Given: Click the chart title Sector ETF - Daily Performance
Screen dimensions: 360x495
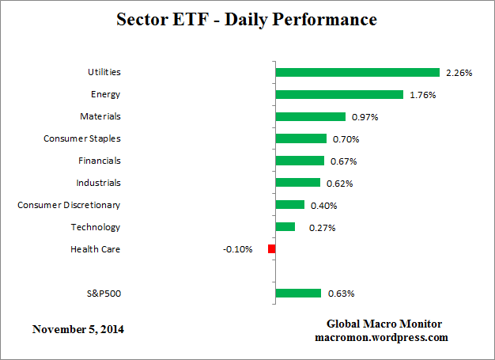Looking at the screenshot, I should (x=247, y=18).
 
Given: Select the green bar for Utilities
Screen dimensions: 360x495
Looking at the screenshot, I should (x=357, y=72).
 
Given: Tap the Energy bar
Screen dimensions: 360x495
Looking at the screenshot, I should (x=339, y=94).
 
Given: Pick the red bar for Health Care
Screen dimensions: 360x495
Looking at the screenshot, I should (x=271, y=249).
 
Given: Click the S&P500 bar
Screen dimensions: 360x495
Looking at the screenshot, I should (x=298, y=294).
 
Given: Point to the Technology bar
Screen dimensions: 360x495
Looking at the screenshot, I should (x=285, y=227).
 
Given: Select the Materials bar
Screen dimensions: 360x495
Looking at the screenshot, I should (x=311, y=116).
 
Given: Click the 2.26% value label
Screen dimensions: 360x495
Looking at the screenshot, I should (x=459, y=73).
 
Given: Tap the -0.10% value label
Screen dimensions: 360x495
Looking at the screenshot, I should (x=237, y=249).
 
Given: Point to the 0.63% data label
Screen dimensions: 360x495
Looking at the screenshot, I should (x=341, y=294).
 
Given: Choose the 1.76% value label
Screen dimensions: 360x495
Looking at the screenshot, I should (x=423, y=95).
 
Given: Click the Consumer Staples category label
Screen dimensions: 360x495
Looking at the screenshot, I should (x=82, y=138).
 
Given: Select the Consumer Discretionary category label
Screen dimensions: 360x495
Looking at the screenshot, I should (x=69, y=205).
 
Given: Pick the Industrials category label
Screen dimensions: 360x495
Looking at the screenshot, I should (x=98, y=183).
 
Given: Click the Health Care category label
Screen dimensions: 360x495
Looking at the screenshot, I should (x=95, y=249).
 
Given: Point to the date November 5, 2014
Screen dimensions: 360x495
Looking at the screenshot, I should (x=78, y=328).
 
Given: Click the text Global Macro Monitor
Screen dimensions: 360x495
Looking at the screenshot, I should (x=384, y=324).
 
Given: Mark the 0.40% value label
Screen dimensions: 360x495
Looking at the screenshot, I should (x=324, y=206).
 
